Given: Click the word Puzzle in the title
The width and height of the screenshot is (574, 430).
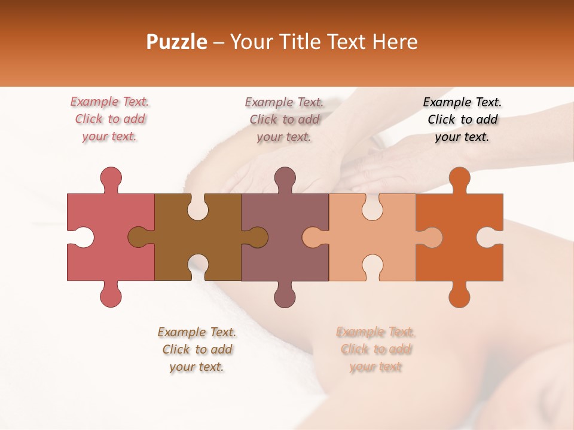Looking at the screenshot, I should point(177,42).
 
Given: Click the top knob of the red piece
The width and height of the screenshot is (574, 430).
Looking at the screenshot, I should point(111,179).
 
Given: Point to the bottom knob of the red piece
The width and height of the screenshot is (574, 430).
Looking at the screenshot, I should point(111,295).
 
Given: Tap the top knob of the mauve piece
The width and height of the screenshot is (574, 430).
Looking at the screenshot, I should point(285,179).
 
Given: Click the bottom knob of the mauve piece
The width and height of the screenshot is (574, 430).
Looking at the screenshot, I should point(285,295).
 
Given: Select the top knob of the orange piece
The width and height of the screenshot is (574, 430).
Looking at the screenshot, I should point(459,179).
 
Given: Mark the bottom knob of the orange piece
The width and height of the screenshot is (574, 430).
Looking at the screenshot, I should point(459,295).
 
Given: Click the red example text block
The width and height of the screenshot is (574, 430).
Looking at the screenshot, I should point(109,119).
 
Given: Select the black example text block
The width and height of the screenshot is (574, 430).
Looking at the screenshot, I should point(462,119).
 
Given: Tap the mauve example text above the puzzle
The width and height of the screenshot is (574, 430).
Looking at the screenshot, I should point(284,119).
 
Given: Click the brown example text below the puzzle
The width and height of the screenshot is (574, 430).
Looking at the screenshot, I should point(197,349).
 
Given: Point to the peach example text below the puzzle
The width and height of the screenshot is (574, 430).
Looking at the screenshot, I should point(375,349).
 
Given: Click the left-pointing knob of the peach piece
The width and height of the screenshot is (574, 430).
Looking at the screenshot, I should point(313,237).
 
